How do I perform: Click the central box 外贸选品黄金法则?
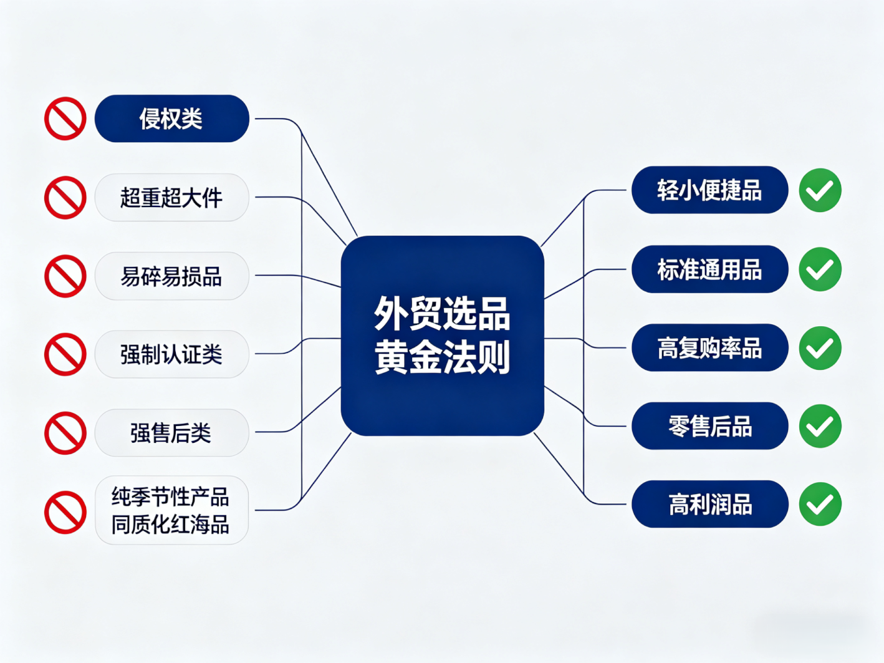point(442,335)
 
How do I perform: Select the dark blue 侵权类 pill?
point(171,119)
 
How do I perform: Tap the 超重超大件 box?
point(171,198)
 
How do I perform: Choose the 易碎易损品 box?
point(171,276)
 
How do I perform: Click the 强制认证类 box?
point(171,354)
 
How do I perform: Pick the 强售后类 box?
point(171,433)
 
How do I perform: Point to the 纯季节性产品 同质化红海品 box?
point(171,510)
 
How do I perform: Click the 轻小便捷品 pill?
point(709,190)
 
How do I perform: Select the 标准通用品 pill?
point(709,269)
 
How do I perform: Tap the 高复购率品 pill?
point(709,348)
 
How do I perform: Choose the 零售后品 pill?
point(709,426)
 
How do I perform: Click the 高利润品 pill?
point(709,504)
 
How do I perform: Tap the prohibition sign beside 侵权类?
point(65,119)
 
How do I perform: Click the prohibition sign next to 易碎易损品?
point(65,276)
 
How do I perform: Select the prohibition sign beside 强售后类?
point(65,433)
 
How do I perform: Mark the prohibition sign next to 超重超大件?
point(65,198)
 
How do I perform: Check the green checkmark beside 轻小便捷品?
point(820,190)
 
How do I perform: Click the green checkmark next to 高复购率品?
point(820,348)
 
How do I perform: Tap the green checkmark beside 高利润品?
point(820,504)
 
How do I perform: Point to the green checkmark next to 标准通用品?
point(820,269)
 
